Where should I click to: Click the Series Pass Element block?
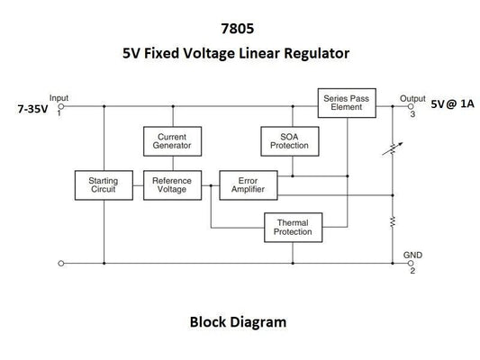(346, 101)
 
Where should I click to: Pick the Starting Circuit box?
(104, 184)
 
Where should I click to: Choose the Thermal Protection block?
(292, 227)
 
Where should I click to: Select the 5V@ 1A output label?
(451, 103)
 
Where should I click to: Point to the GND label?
(412, 255)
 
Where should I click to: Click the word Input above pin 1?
(59, 97)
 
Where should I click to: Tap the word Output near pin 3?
(412, 98)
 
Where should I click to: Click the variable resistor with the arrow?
(393, 148)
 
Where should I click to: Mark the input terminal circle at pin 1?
(60, 106)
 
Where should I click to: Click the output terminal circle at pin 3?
(412, 106)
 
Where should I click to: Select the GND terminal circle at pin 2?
(412, 264)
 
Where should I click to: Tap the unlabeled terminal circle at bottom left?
(60, 264)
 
